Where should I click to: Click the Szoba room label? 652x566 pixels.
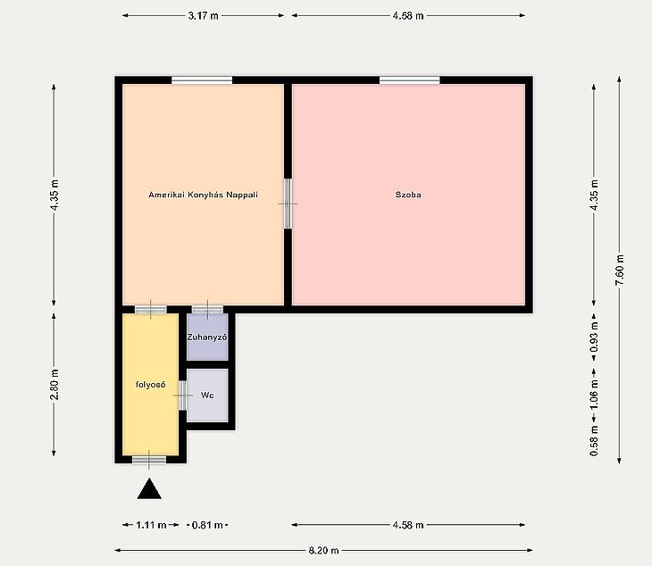[408, 195]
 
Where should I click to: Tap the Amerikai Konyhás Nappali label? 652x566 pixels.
[203, 195]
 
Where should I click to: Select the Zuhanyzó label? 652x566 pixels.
[207, 337]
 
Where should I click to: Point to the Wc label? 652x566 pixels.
[207, 395]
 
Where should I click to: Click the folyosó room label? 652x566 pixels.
[151, 385]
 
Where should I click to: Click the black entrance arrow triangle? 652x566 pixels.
[149, 488]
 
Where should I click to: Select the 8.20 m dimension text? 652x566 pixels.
[323, 551]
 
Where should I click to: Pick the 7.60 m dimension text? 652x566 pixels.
[620, 270]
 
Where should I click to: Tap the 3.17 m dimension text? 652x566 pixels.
[203, 16]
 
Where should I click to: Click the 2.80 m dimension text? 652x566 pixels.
[54, 385]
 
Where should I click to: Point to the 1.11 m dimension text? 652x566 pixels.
[151, 525]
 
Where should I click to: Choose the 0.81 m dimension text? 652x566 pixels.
[207, 525]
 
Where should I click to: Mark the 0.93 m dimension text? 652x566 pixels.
[594, 337]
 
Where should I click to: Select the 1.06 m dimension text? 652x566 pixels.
[594, 395]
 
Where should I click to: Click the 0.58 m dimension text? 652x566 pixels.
[594, 440]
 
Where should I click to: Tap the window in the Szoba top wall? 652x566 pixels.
[410, 80]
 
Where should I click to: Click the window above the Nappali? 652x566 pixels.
[202, 80]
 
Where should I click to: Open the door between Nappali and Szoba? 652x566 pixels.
[288, 204]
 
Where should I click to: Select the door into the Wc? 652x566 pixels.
[182, 395]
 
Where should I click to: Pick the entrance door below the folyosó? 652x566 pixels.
[149, 459]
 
